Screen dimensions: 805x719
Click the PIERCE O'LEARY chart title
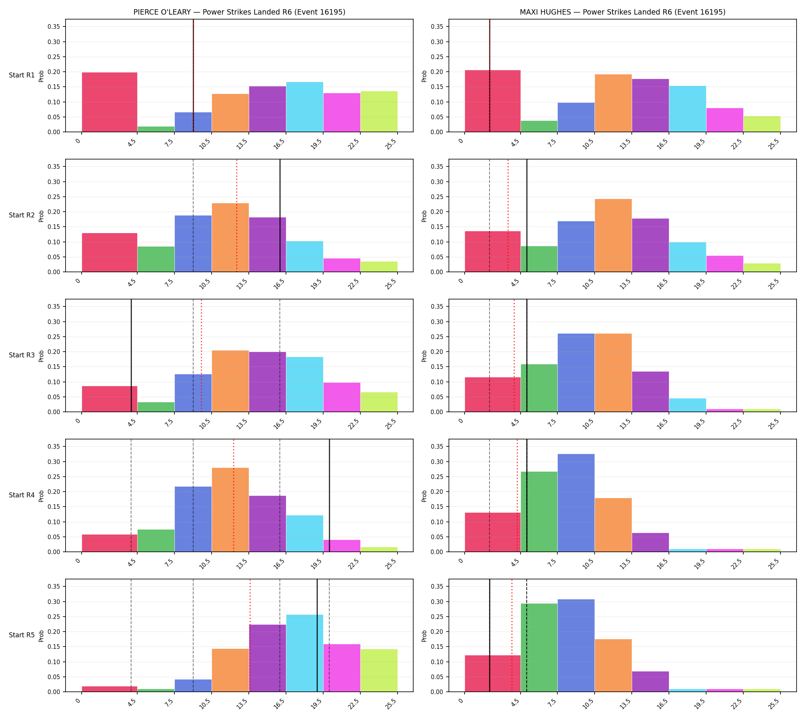[239, 12]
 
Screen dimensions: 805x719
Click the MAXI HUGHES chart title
[623, 12]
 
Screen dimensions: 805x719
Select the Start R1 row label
[22, 75]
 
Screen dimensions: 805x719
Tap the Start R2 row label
[22, 215]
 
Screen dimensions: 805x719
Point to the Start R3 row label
[22, 355]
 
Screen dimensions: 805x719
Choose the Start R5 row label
[22, 635]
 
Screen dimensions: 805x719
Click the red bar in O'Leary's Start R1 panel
[109, 102]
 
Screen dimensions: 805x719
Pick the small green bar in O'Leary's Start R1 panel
[156, 129]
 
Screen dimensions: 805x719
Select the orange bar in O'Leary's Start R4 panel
[230, 510]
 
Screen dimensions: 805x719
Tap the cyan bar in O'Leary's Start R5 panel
[304, 653]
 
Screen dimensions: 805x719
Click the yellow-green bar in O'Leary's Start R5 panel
[379, 670]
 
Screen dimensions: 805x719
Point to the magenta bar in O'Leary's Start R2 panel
[342, 265]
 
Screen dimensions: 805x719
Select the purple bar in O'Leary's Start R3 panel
[268, 382]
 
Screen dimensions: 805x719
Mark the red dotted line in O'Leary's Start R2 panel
[237, 215]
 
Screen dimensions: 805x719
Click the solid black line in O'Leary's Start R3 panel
[131, 355]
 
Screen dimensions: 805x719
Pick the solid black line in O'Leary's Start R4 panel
[329, 495]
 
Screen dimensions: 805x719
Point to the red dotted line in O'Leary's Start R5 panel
[250, 635]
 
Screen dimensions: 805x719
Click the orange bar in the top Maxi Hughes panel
[613, 103]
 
